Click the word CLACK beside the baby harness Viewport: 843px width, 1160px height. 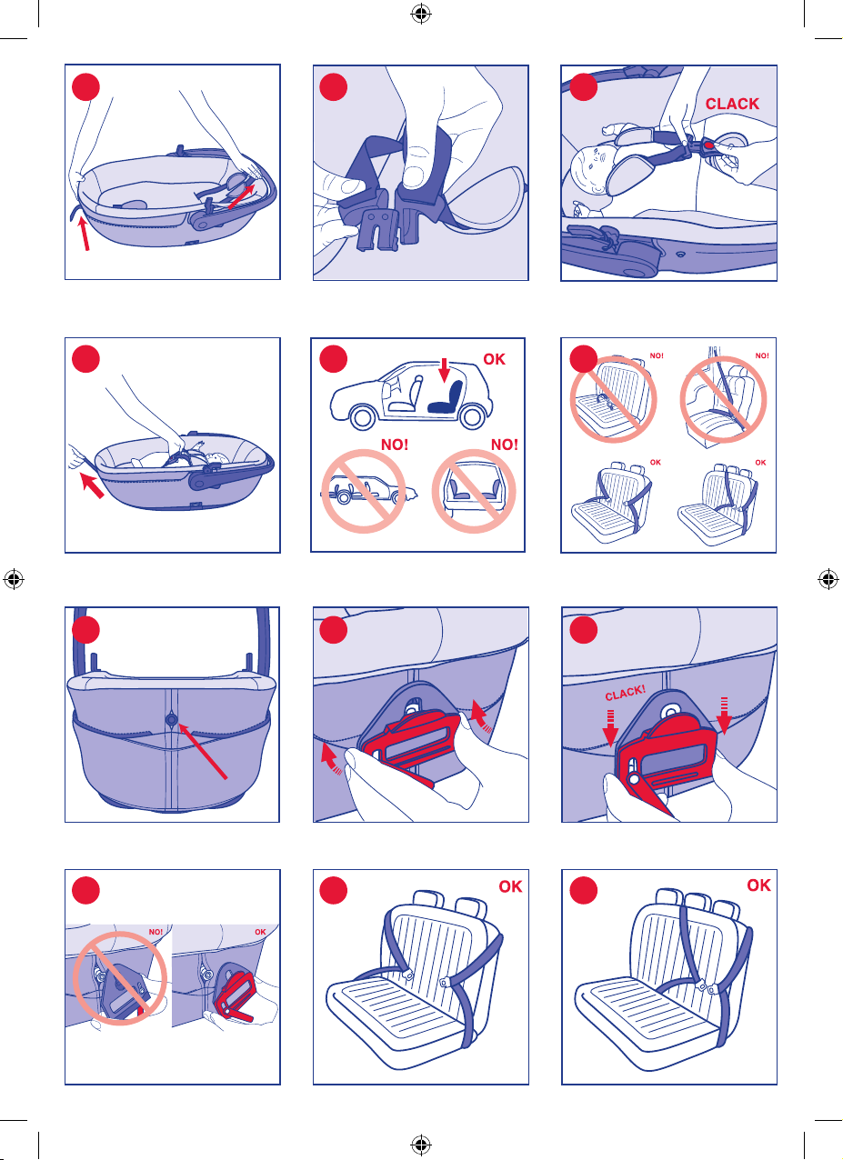pos(732,104)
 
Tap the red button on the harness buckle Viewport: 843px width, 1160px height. pos(708,145)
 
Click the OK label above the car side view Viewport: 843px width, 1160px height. pos(494,359)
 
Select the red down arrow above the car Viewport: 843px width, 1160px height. pos(444,370)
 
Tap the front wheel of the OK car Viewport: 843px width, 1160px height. pos(363,417)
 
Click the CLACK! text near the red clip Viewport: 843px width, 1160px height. pos(626,693)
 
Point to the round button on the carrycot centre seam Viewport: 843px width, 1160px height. pos(172,720)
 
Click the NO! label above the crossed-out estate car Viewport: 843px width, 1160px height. pos(395,445)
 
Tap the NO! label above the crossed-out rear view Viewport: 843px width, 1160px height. pos(504,445)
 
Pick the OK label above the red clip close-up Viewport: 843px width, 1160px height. pos(260,932)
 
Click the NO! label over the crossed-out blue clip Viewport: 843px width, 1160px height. pos(156,932)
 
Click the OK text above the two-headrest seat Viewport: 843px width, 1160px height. pos(510,886)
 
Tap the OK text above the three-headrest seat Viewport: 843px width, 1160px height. pos(758,885)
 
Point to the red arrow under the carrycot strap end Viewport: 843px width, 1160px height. pos(84,234)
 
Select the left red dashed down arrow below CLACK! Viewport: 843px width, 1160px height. pos(610,728)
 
